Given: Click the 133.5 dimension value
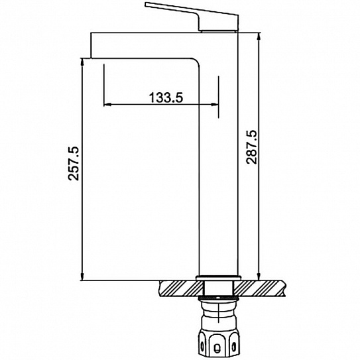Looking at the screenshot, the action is coord(166,97).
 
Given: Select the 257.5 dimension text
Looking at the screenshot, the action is coord(74,163).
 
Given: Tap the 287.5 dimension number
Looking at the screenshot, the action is coord(251,147).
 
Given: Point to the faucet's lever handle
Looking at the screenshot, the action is coord(192,17).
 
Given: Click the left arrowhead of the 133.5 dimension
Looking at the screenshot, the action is coord(107,105).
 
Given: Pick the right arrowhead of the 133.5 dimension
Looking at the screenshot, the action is coord(215,105).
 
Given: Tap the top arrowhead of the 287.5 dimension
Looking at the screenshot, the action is coord(259,36).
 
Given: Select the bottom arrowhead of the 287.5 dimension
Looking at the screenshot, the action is coord(259,276).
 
